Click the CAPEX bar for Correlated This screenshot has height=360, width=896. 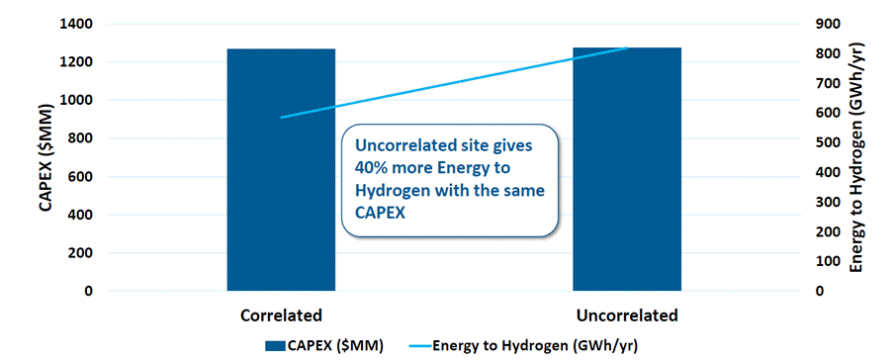[281, 170]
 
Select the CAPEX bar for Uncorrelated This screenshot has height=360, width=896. [627, 169]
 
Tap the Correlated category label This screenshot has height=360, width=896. [281, 316]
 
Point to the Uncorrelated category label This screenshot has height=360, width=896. [627, 316]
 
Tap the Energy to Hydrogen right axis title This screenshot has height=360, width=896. [856, 157]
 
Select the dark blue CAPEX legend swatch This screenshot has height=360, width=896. [276, 346]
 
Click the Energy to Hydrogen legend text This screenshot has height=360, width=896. [535, 345]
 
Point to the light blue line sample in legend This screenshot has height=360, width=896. [419, 346]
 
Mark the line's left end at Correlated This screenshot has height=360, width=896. [281, 118]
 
